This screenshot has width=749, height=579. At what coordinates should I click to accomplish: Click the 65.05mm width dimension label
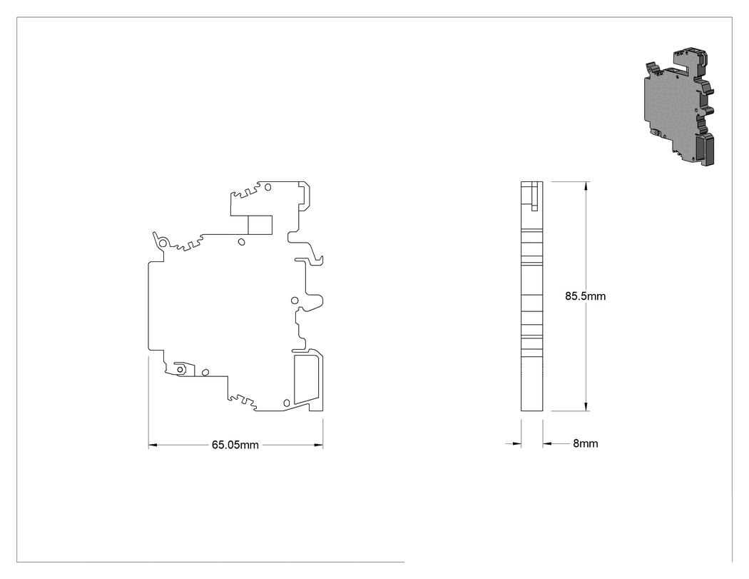(x=235, y=445)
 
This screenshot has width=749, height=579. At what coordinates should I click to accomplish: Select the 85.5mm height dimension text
(x=585, y=296)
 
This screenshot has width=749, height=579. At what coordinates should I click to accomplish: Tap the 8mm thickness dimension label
(x=585, y=443)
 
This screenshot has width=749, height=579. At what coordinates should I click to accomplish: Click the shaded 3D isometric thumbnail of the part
(x=680, y=106)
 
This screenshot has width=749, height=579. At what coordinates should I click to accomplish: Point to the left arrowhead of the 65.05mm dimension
(x=153, y=445)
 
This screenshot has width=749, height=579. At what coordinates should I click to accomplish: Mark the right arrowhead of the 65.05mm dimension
(x=319, y=445)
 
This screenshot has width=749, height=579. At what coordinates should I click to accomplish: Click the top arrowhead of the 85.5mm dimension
(x=586, y=186)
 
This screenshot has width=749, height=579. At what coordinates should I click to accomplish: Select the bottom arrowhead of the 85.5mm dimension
(x=586, y=406)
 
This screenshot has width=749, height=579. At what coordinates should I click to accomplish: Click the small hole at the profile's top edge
(x=267, y=187)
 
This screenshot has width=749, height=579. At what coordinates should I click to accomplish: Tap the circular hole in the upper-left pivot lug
(x=163, y=243)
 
